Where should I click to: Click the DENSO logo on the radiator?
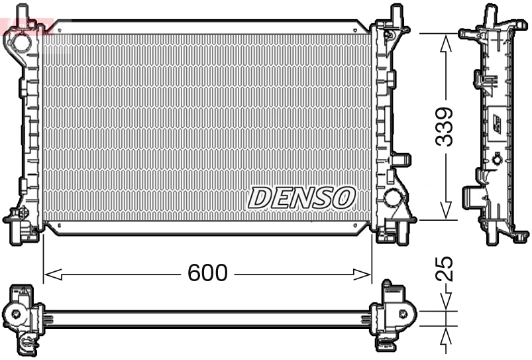[302, 197]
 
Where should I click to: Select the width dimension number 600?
[207, 272]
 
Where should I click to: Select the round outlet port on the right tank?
[392, 198]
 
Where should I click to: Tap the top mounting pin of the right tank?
[397, 13]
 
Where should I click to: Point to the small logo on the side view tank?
[496, 124]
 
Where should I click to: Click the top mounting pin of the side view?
[491, 13]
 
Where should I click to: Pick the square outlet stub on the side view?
[472, 196]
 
